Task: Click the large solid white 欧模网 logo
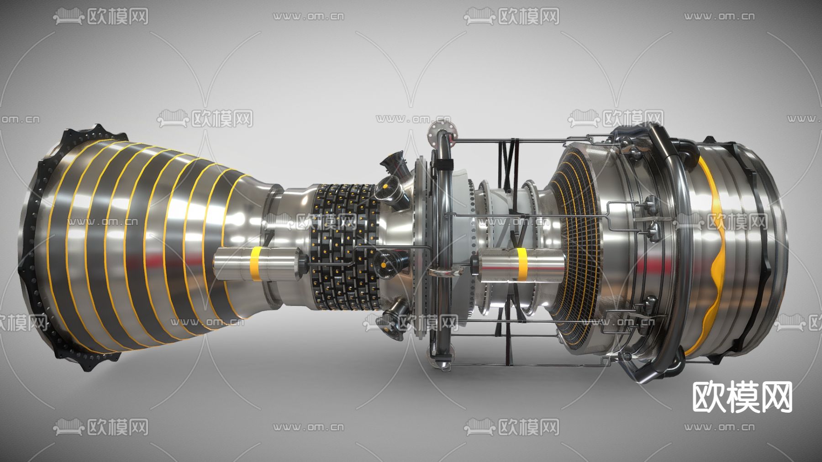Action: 743,397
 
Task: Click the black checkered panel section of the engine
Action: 346,247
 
